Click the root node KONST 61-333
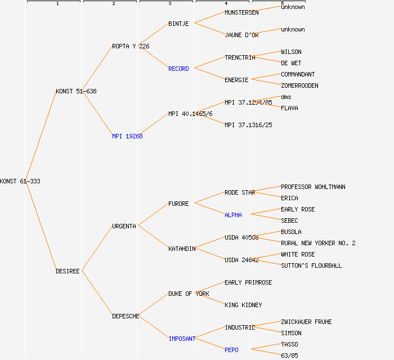coord(20,181)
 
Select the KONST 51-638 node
coord(76,91)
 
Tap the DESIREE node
coord(68,271)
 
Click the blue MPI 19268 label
coord(127,136)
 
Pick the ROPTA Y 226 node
coord(131,46)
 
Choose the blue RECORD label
coord(178,69)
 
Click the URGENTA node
coord(124,226)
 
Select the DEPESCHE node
coord(126,316)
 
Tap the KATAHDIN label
coord(182,249)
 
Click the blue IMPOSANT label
coord(182,339)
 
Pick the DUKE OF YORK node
coord(189,294)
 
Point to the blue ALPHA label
coord(233,215)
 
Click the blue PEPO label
coord(231,350)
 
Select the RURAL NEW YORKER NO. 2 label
coord(318,243)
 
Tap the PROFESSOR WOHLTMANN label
coord(313,187)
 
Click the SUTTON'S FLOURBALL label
coord(311,265)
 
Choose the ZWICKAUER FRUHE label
coord(306,322)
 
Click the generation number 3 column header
coord(169,4)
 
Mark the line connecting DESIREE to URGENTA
coord(97,249)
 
